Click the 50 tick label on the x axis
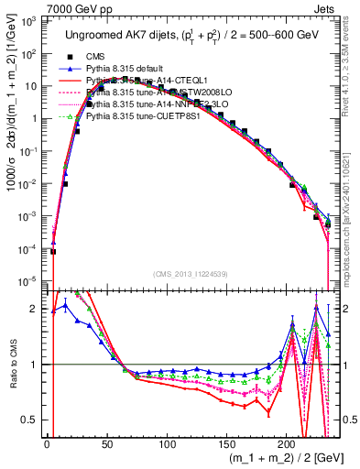(106, 444)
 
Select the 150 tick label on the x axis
(226, 444)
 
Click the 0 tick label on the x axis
(47, 444)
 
